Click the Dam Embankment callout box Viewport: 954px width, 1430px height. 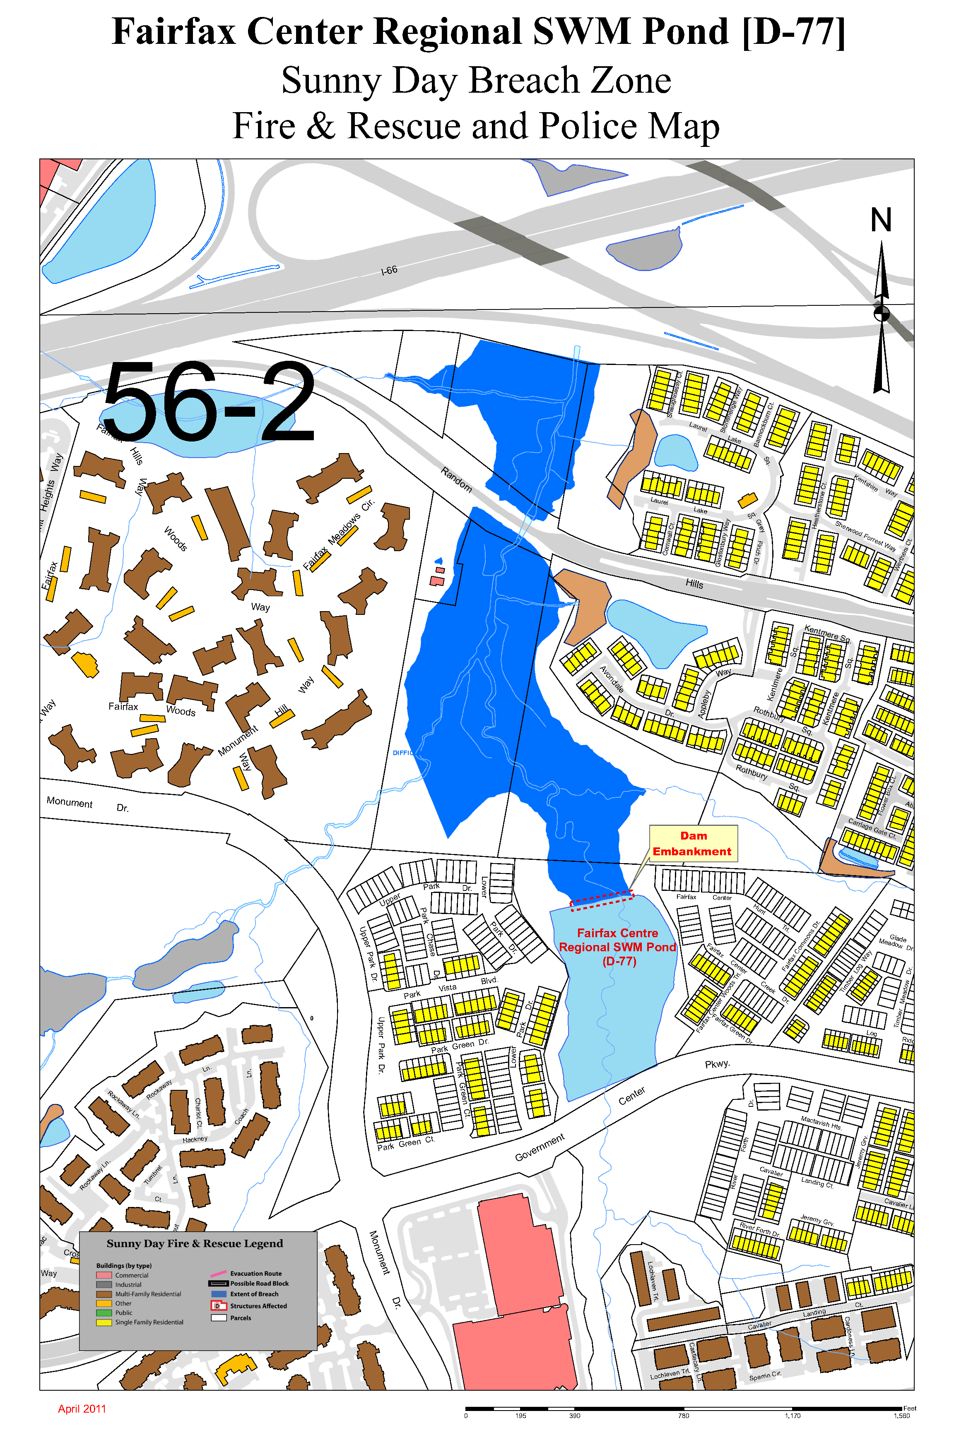pos(693,843)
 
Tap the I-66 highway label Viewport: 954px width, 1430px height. pos(389,270)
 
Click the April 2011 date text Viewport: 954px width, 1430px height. pos(82,1409)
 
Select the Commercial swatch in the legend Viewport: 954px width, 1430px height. pos(104,1275)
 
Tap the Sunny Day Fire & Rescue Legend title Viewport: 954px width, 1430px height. pos(195,1243)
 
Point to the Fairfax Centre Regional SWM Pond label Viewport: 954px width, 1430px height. pos(617,947)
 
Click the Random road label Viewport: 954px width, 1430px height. pos(456,479)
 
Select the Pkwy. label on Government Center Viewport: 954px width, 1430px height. pos(717,1064)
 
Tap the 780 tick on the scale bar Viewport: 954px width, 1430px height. pos(684,1416)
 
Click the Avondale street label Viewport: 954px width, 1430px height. pos(612,679)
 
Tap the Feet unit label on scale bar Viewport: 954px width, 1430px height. pos(910,1408)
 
